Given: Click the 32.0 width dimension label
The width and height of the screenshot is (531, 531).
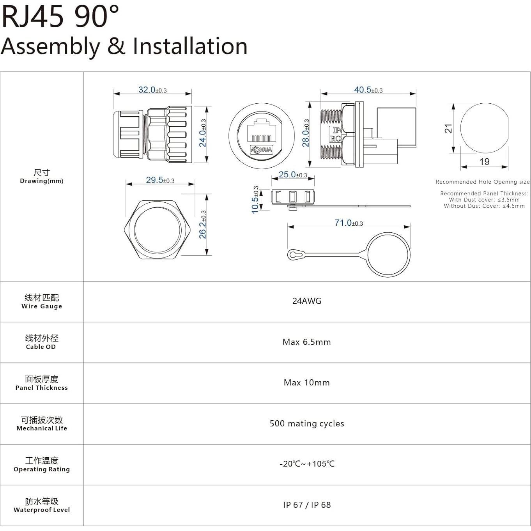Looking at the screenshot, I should coord(152,90).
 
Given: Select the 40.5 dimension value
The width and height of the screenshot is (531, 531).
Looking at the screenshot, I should coord(368,90).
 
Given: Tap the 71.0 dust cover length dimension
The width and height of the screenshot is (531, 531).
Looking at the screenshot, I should coord(349,223).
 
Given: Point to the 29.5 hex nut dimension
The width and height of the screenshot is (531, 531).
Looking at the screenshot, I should coord(160,180).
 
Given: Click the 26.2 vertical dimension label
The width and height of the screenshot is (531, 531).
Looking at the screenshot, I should coord(203,225).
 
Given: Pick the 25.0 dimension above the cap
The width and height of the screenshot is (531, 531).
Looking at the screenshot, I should coord(293,175).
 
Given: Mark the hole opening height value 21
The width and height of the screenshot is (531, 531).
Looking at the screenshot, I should coord(449,128).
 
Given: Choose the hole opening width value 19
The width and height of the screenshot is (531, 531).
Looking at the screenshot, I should coord(484,162).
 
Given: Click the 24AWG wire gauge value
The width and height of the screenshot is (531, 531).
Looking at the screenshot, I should coord(307,301).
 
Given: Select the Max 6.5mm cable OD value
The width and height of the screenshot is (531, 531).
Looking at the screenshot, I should coord(307,342).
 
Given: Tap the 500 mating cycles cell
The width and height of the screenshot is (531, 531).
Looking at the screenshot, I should coord(307,423).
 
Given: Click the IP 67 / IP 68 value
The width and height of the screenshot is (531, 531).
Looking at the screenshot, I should coord(307,505).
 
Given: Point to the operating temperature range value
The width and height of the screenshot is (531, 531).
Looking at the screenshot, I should coord(307,464).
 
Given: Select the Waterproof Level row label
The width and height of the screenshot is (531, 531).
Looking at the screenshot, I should coord(42,510).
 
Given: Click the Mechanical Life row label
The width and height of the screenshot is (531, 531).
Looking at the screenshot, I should coord(42,428).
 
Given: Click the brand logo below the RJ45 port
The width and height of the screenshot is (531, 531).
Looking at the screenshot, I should coord(261,150).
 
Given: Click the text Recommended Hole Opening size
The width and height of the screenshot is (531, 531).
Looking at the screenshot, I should coord(483,182).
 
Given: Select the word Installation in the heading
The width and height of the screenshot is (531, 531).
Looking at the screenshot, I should coord(190,46).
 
